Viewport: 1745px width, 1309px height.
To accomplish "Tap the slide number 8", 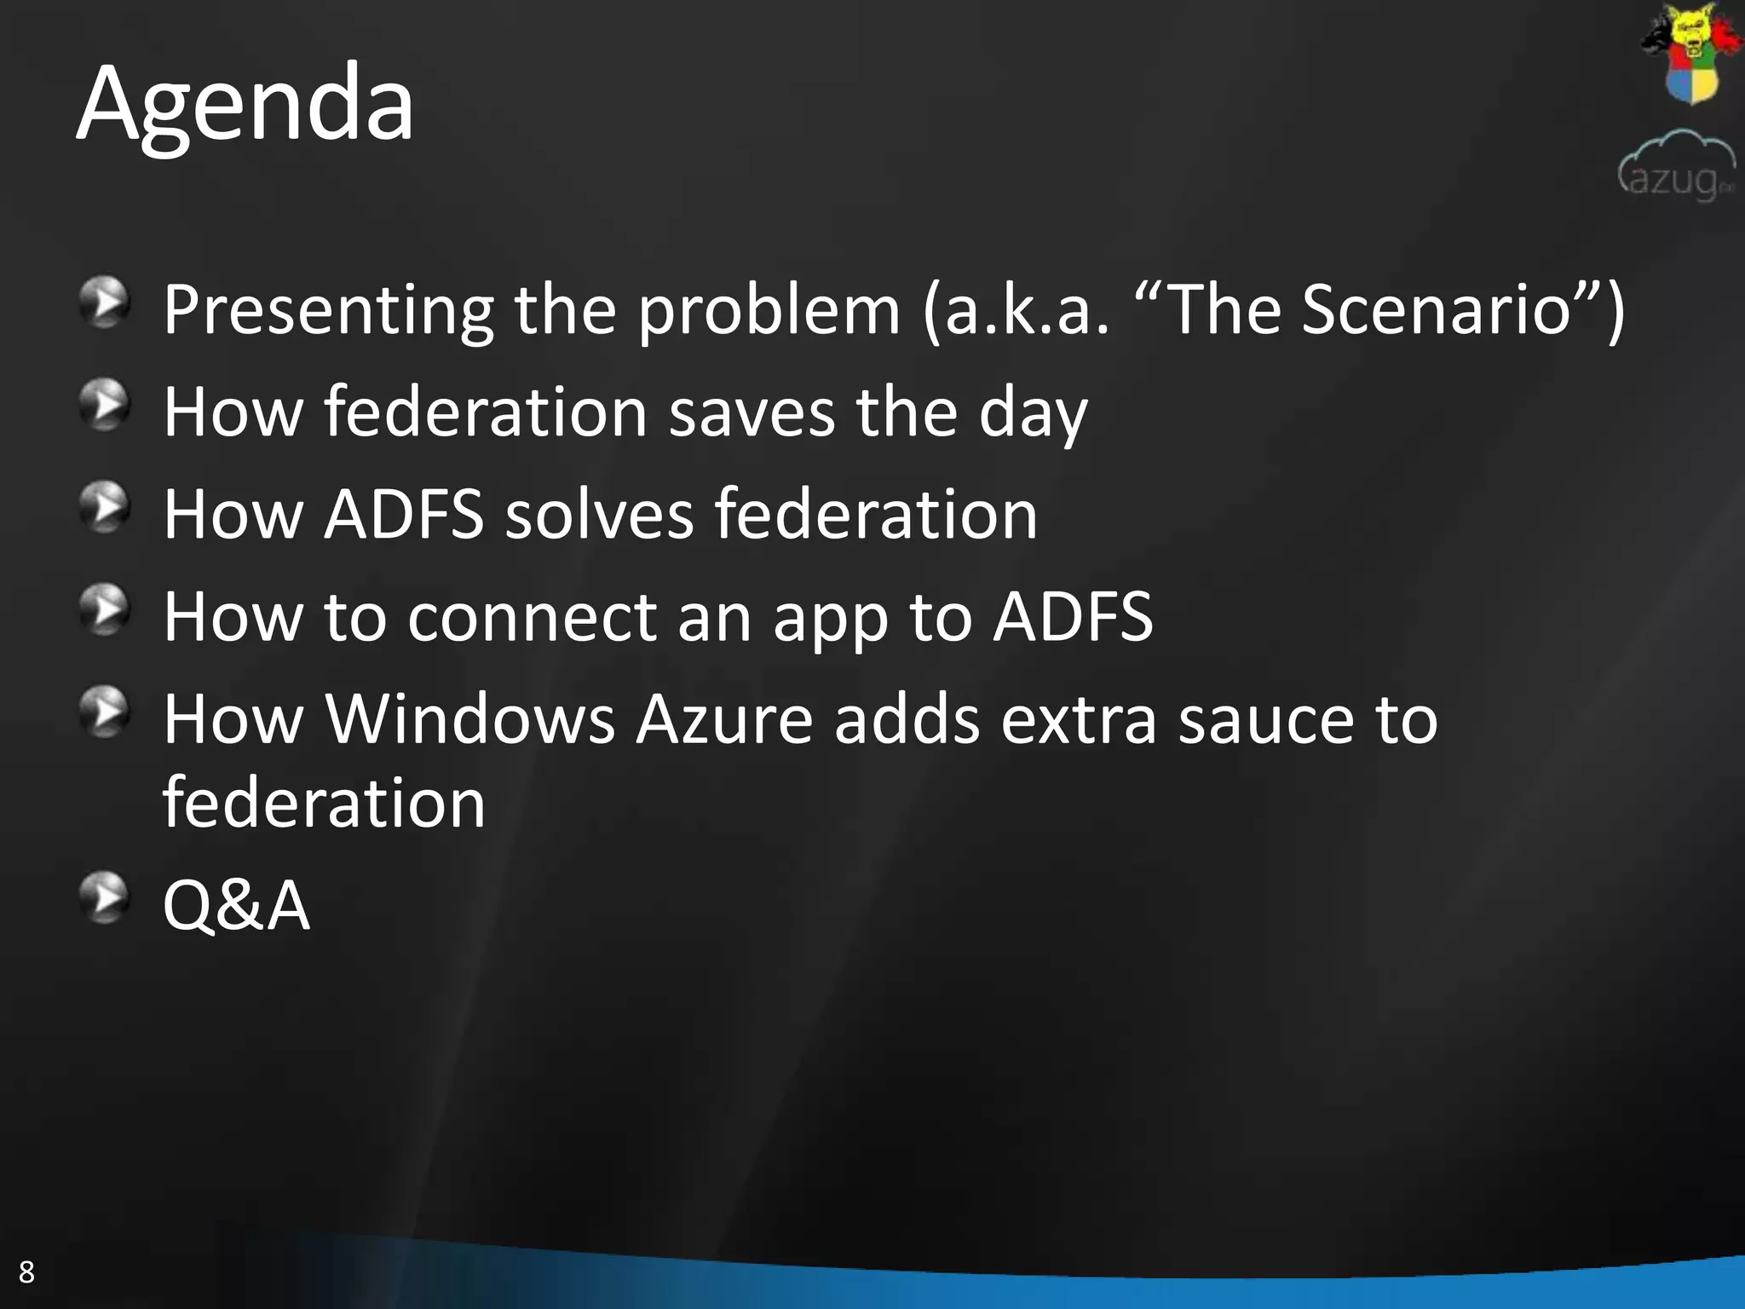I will [x=26, y=1272].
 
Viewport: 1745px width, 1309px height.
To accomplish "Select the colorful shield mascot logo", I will [x=1690, y=54].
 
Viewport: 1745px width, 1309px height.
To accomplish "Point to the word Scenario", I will [x=1436, y=309].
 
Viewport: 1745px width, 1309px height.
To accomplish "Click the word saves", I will [x=752, y=412].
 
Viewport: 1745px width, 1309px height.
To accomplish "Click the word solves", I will [x=599, y=515].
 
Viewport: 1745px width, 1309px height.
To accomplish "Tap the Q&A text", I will [x=236, y=905].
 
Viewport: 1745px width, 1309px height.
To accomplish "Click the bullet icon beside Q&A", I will [x=104, y=897].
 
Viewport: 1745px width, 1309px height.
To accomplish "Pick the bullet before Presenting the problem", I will [x=104, y=302].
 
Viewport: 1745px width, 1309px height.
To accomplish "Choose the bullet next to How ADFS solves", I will [x=104, y=507].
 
